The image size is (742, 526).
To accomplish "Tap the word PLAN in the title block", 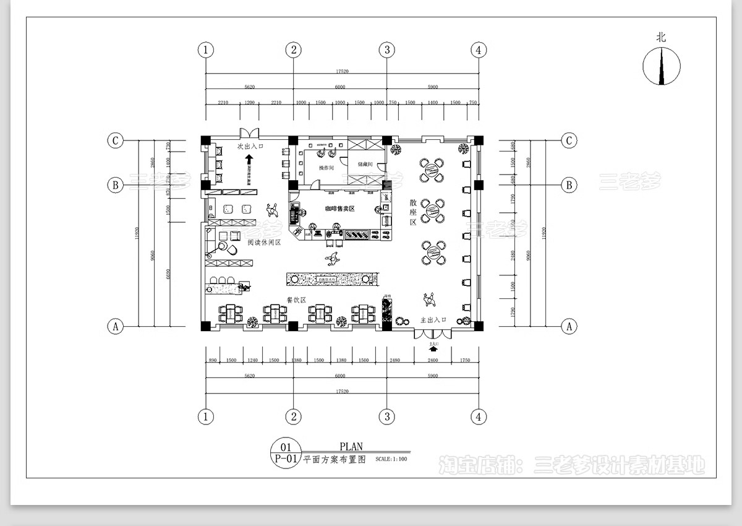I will click(x=351, y=446).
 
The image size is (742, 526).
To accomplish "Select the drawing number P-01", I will click(x=286, y=459).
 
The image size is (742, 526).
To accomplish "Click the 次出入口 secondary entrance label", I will click(x=250, y=147).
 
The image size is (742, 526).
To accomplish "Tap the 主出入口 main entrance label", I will click(x=433, y=320).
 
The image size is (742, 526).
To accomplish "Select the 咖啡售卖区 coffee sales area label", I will click(x=339, y=209).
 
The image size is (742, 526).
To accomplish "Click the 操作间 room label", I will click(x=326, y=168).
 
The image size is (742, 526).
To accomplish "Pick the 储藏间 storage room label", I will click(x=367, y=165).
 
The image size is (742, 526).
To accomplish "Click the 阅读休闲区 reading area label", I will click(x=264, y=243).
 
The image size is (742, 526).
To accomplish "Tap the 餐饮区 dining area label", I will click(x=296, y=300).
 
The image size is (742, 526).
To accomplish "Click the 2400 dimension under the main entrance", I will click(x=433, y=360).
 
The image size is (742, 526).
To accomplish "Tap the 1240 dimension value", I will click(x=252, y=360).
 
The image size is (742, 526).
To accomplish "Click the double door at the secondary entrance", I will click(x=250, y=132).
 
